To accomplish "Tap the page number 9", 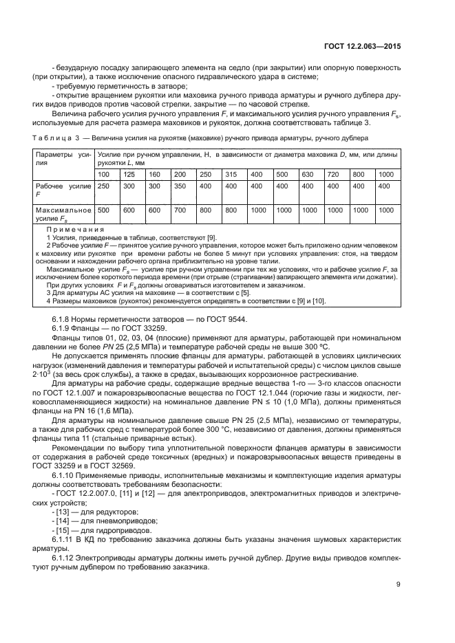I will click(x=398, y=585).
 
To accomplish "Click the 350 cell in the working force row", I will click(x=180, y=186).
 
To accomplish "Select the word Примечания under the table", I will click(x=75, y=229).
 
